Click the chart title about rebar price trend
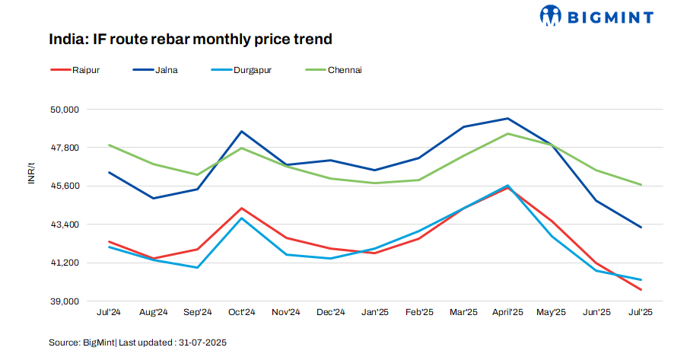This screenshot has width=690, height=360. pyautogui.click(x=190, y=39)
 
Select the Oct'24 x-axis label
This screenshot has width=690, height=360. pyautogui.click(x=242, y=313)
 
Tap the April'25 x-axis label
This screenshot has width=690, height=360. pyautogui.click(x=507, y=313)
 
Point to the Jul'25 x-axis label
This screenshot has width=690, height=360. pyautogui.click(x=641, y=313)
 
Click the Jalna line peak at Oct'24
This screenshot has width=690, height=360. pyautogui.click(x=242, y=132)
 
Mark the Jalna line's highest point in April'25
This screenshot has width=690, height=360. pyautogui.click(x=507, y=119)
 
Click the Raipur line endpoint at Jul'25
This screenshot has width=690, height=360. pyautogui.click(x=641, y=289)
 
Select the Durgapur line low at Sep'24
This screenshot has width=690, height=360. pyautogui.click(x=198, y=267)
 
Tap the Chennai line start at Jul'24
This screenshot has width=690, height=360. pyautogui.click(x=110, y=145)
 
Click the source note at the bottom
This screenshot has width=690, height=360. pyautogui.click(x=138, y=342)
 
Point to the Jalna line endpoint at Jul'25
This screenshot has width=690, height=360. pyautogui.click(x=641, y=227)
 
